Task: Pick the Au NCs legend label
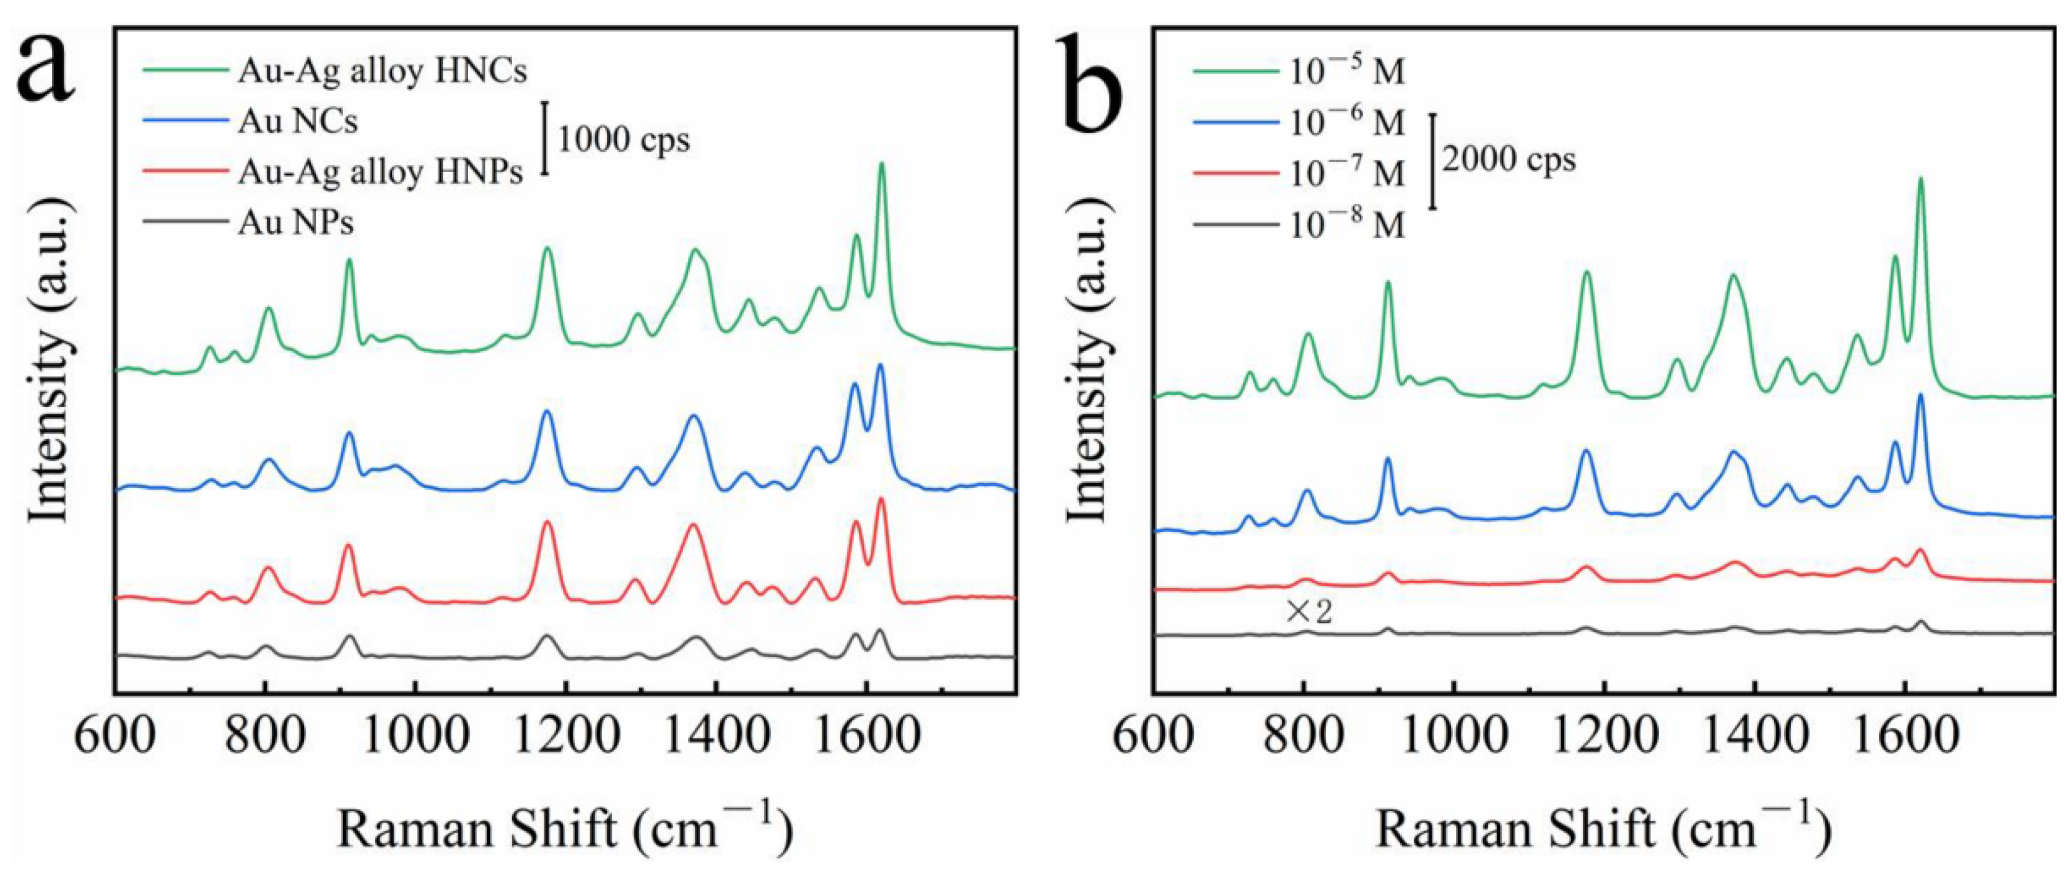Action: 297,122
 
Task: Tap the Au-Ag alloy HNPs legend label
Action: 380,172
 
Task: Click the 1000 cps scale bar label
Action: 623,141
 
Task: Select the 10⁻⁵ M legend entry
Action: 1348,73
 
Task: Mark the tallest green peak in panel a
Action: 881,165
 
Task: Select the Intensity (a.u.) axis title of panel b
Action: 1090,373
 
